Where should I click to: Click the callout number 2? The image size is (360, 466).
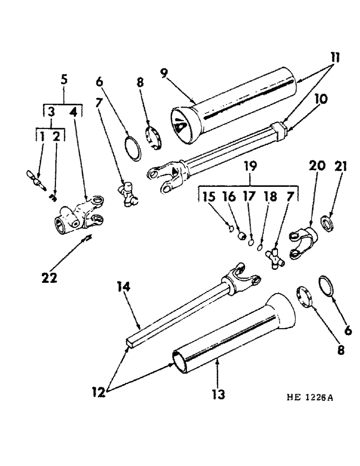[x=56, y=136]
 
